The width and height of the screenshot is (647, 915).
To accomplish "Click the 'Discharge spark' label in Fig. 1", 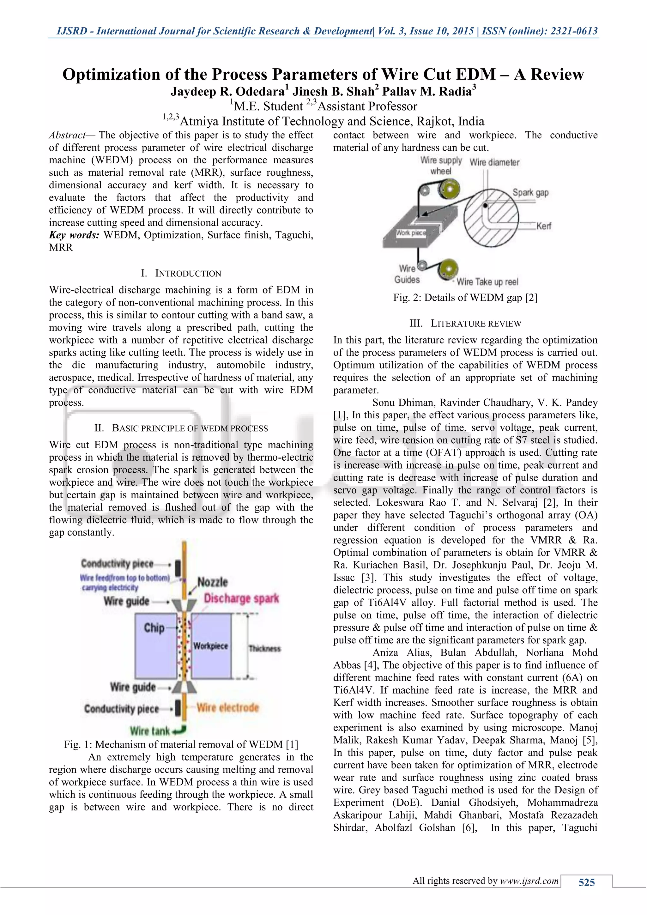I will pos(241,599).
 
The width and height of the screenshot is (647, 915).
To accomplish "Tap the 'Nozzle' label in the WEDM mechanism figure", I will pos(213,582).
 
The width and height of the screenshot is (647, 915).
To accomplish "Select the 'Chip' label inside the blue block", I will pos(154,628).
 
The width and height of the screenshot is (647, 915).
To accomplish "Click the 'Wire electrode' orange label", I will pos(227,708).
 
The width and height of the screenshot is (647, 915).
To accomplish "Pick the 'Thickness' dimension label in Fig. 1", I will pos(264,648).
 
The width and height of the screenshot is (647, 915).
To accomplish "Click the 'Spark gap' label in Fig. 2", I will pos(530,193).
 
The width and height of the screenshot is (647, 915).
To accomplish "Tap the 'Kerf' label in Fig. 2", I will pos(543,226).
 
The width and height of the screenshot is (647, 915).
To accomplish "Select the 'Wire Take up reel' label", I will pos(487,282).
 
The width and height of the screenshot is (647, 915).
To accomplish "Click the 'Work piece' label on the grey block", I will pos(410,233).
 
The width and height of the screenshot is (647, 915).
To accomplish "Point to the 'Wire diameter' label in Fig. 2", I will pos(494,163).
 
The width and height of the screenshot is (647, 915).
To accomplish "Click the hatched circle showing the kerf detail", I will pos(491,218).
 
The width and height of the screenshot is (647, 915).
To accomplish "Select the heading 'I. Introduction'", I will pos(181,273).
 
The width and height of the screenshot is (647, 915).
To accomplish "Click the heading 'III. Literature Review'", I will pos(465,323).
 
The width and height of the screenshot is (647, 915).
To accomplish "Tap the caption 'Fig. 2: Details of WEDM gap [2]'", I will pos(465,298).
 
